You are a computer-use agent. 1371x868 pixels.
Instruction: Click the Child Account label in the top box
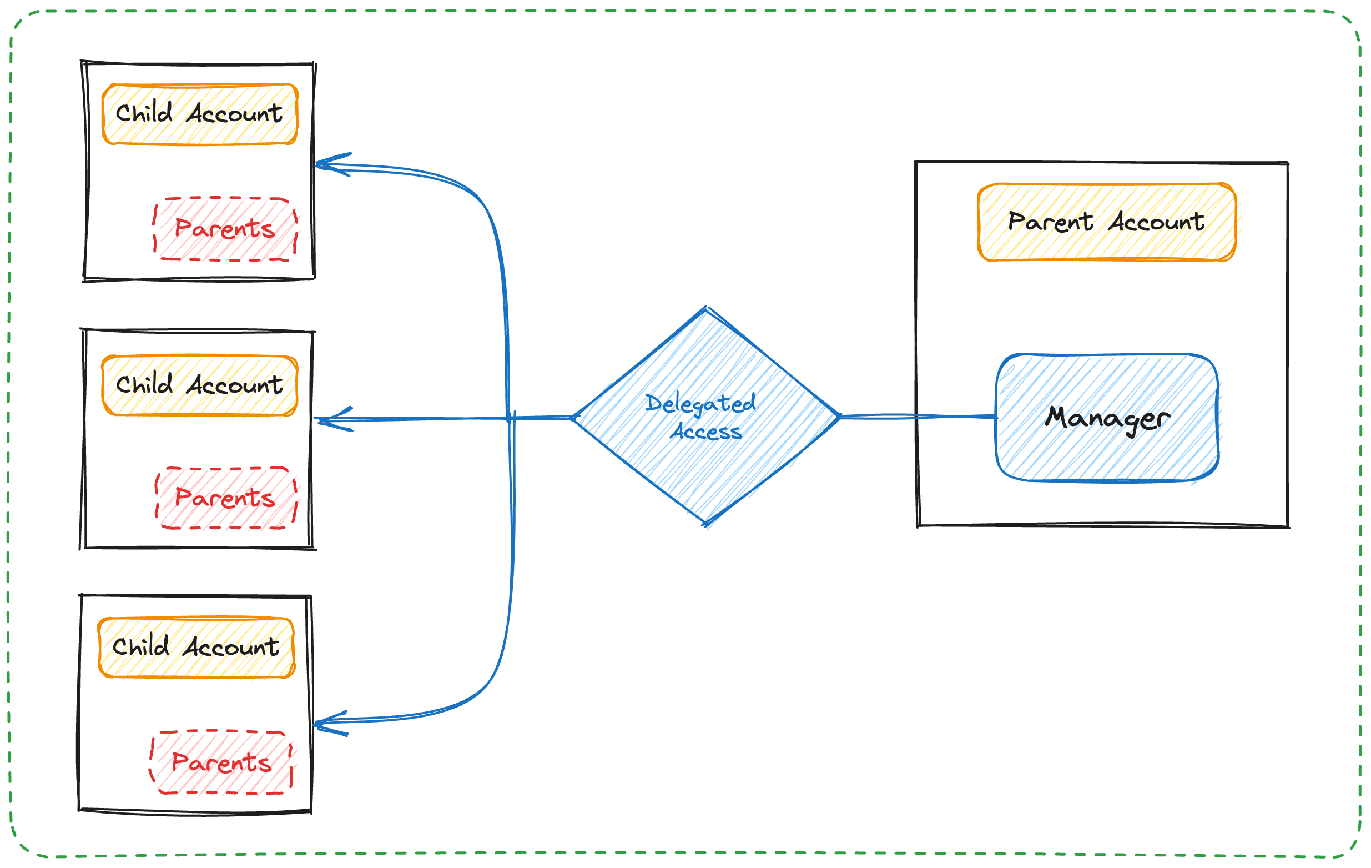click(x=199, y=114)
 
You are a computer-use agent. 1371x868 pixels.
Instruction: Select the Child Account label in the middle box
click(x=199, y=385)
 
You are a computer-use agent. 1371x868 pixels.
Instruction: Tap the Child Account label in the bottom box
click(x=196, y=647)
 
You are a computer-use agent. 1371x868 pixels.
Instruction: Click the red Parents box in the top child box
click(x=225, y=229)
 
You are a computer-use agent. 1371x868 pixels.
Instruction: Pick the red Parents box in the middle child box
click(x=226, y=498)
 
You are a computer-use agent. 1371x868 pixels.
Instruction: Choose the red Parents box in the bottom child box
click(x=221, y=762)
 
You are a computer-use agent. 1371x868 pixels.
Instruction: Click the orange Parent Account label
click(x=1106, y=222)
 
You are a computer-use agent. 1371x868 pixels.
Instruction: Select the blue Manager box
click(x=1107, y=418)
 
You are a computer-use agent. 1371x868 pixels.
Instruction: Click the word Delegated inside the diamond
click(x=700, y=404)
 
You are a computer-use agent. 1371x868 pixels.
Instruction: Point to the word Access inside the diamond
click(x=706, y=432)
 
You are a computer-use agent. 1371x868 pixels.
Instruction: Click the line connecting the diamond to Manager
click(x=916, y=417)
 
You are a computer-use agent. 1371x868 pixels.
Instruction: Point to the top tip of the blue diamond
click(x=706, y=309)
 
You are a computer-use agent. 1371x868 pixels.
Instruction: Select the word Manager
click(x=1107, y=419)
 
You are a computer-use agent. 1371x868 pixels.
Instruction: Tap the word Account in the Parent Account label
click(x=1156, y=222)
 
